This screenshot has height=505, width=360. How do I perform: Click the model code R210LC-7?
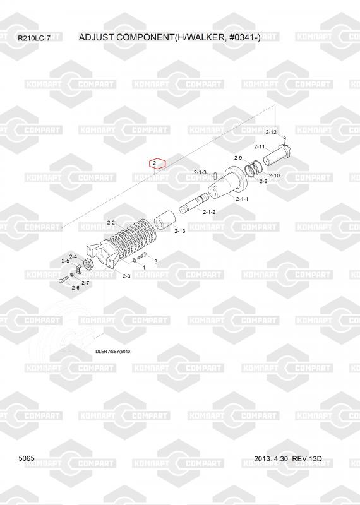[34, 39]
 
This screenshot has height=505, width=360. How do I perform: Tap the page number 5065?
[27, 458]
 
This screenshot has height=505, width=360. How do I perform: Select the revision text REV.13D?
[307, 458]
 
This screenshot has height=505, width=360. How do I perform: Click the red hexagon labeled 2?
[157, 163]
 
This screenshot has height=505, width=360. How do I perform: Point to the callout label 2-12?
[271, 132]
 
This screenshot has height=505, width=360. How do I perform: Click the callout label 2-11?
[260, 146]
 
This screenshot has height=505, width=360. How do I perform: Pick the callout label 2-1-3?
[200, 172]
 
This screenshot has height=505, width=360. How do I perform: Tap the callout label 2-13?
[180, 231]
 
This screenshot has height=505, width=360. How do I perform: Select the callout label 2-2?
[111, 223]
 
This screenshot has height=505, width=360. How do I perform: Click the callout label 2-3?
[127, 276]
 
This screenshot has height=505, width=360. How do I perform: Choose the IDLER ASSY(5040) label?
[113, 352]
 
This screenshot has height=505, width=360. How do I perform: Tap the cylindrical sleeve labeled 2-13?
[164, 220]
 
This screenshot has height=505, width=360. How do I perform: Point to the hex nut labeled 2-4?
[88, 264]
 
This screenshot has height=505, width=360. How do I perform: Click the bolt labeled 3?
[142, 256]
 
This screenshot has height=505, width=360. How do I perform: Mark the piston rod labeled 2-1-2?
[195, 203]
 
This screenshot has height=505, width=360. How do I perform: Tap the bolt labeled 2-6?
[64, 280]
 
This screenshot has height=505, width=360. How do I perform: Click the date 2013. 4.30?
[271, 458]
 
